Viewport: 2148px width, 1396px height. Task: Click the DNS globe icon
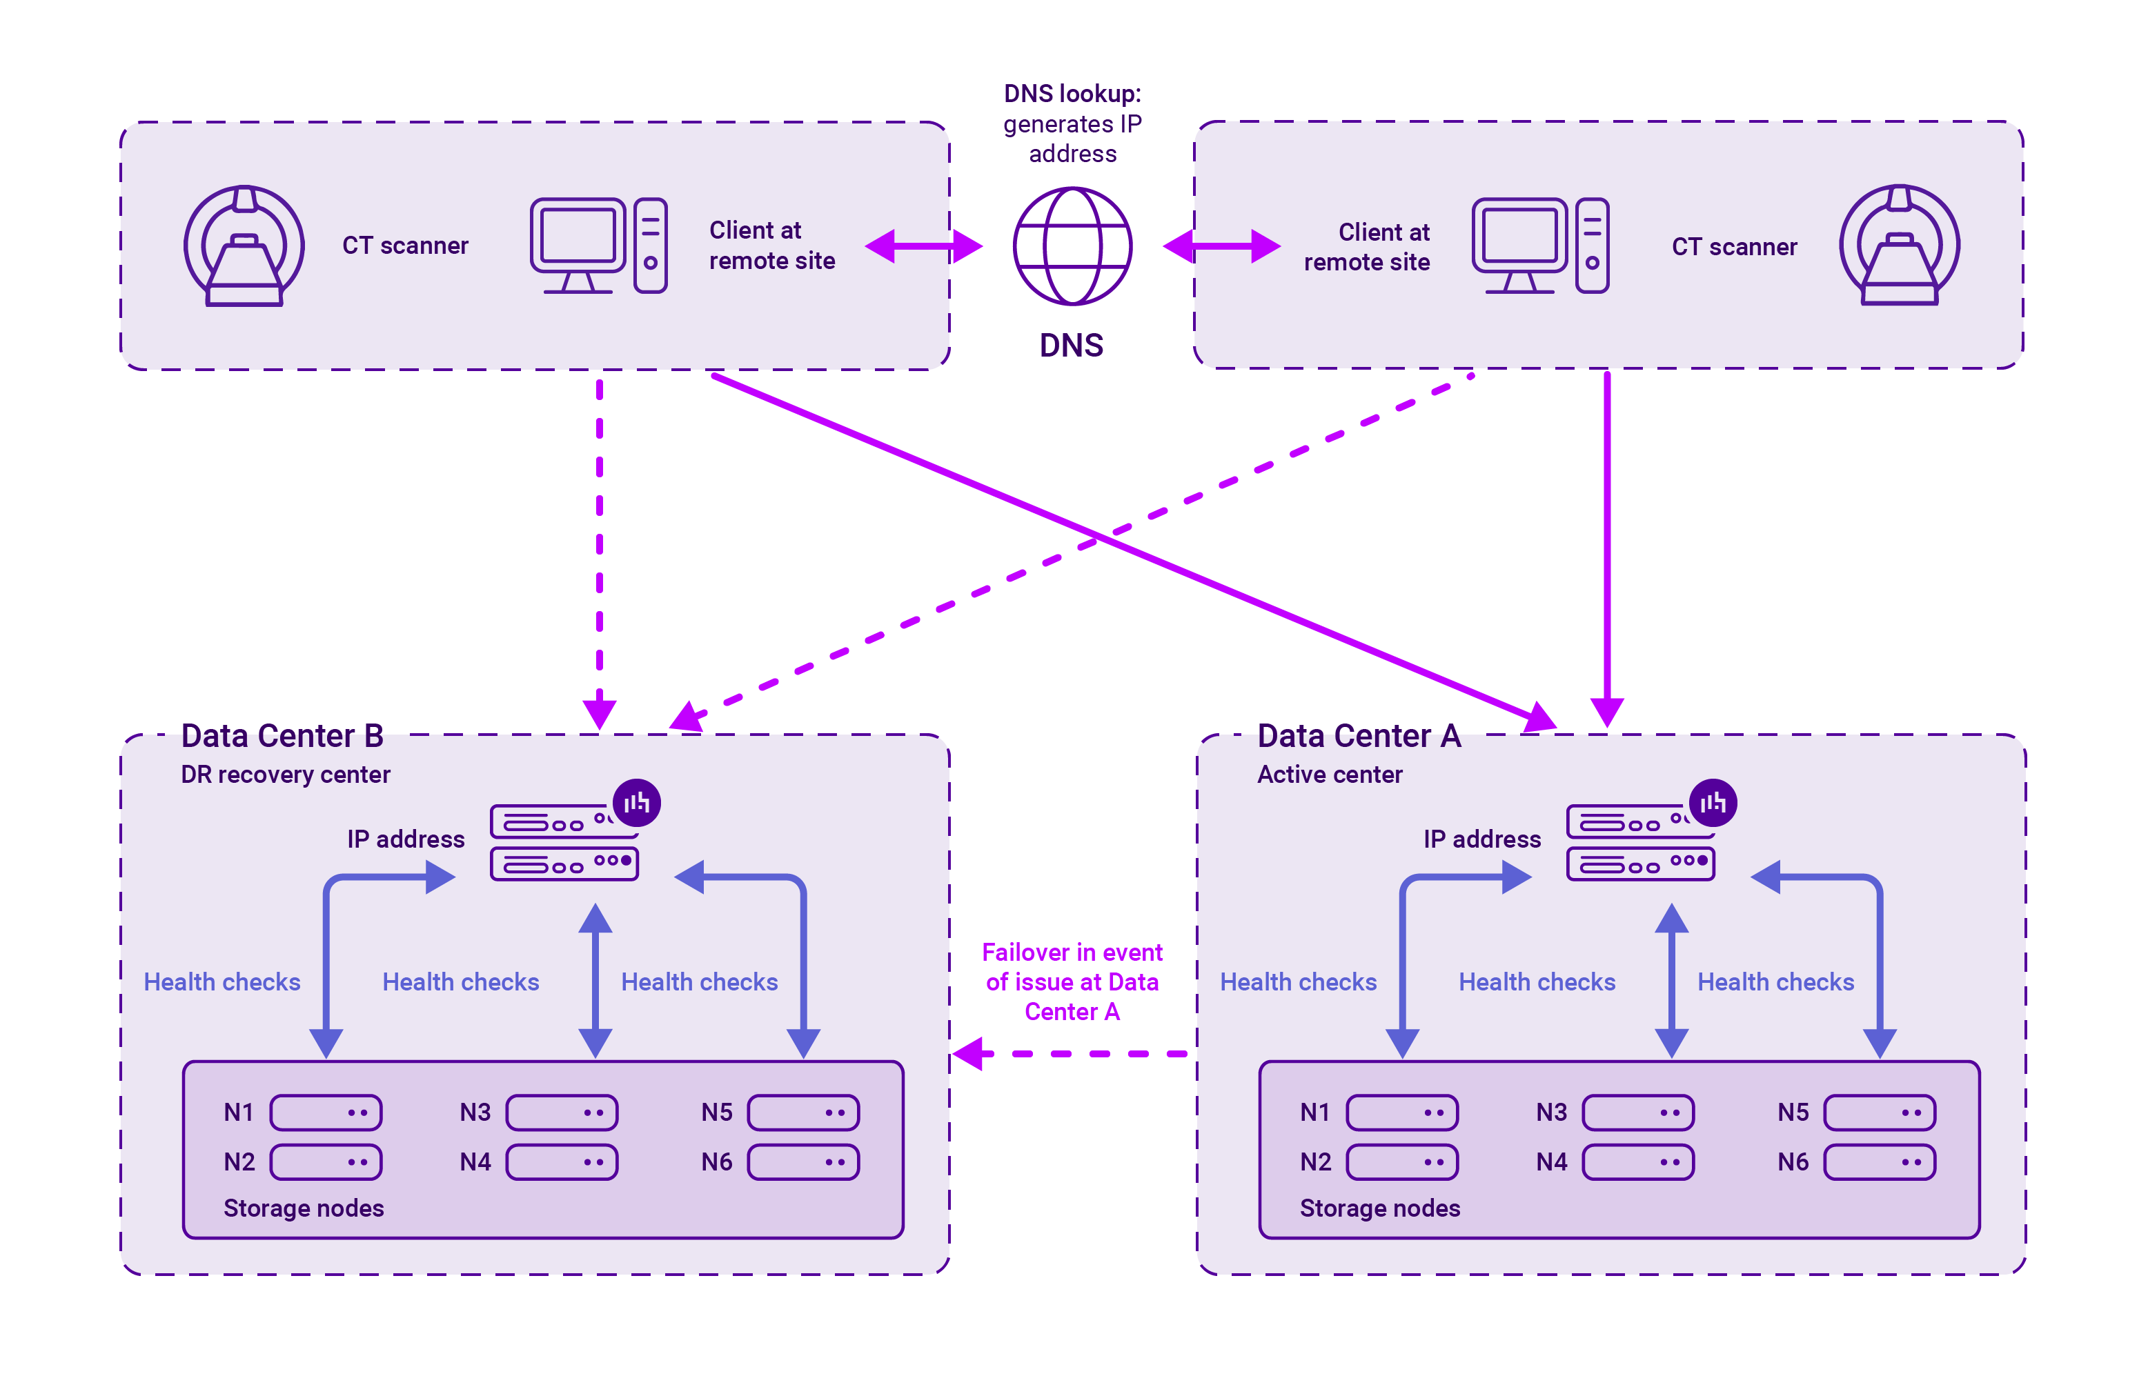point(1072,246)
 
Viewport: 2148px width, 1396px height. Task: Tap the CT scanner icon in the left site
point(244,246)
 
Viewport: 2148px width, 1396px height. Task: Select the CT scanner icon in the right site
point(1899,246)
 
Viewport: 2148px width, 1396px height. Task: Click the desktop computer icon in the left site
point(598,246)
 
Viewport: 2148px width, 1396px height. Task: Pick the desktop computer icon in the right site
point(1539,246)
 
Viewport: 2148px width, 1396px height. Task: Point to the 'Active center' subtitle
point(1330,775)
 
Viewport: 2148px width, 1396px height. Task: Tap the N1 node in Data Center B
point(326,1113)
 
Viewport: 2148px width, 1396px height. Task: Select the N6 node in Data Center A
point(1879,1162)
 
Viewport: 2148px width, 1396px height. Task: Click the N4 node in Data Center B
point(562,1162)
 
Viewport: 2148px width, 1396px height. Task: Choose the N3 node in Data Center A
point(1637,1113)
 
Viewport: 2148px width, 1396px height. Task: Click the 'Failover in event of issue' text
point(1072,981)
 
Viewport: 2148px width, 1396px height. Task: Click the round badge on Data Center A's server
point(1712,802)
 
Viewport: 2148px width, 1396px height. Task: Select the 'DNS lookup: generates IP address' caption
point(1072,123)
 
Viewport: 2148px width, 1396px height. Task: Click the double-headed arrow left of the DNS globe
point(923,246)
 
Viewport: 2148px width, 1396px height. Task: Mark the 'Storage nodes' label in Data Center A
point(1379,1208)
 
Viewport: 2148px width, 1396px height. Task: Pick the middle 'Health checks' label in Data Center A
point(1536,981)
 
